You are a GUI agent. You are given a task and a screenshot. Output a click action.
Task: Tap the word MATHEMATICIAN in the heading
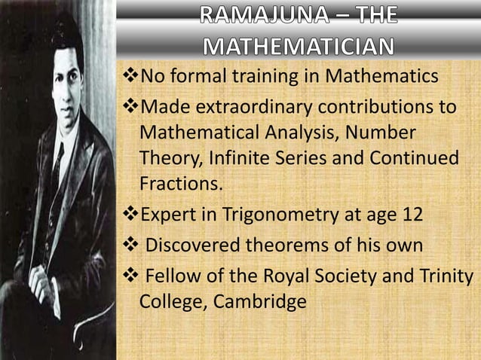[299, 48]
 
